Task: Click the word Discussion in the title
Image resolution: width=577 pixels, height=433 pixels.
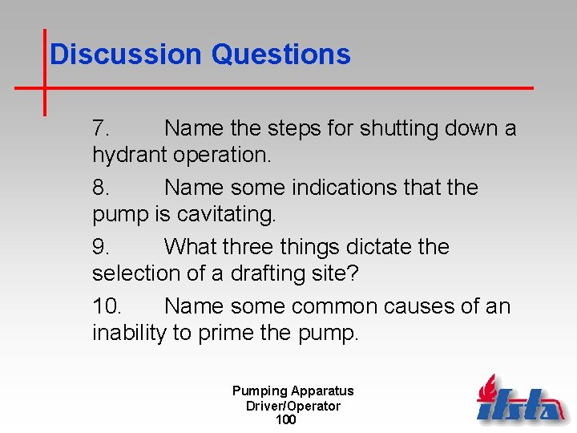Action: tap(126, 55)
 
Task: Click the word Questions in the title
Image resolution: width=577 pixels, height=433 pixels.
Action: tap(280, 55)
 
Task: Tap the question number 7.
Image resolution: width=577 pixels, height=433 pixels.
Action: tap(101, 128)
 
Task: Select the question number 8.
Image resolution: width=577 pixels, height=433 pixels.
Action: tap(101, 188)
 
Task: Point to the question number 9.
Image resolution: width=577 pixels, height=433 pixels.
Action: tap(101, 247)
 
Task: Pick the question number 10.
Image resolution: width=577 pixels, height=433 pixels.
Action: tap(107, 306)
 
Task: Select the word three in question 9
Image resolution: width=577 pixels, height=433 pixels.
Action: tap(257, 247)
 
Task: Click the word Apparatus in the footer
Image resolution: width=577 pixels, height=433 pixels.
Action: tap(322, 391)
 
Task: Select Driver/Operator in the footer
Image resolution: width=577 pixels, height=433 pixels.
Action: tap(293, 406)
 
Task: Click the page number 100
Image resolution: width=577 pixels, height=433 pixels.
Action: tap(285, 419)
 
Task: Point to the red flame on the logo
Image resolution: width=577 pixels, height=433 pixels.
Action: tap(486, 388)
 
